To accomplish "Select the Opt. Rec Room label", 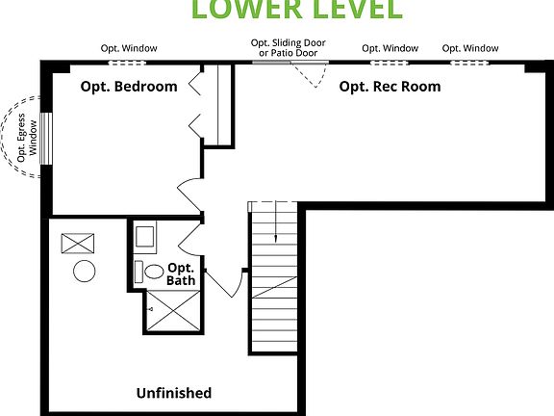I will (x=390, y=87).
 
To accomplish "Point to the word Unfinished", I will (x=173, y=393).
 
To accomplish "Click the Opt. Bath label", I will (x=181, y=274).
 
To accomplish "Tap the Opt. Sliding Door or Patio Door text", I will (x=289, y=48).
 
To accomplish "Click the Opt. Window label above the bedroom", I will (x=130, y=48).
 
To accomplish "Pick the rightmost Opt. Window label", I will (x=470, y=48).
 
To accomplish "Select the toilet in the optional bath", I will (x=150, y=273).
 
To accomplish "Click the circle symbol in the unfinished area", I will (x=84, y=273).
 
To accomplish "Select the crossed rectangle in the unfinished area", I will (x=75, y=243).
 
